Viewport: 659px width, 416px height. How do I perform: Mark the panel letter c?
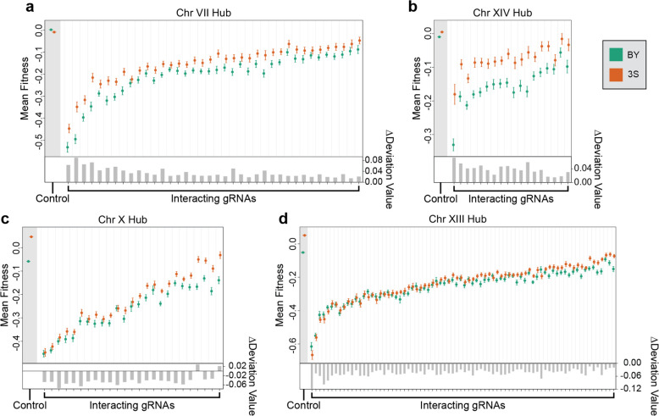(6, 219)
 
